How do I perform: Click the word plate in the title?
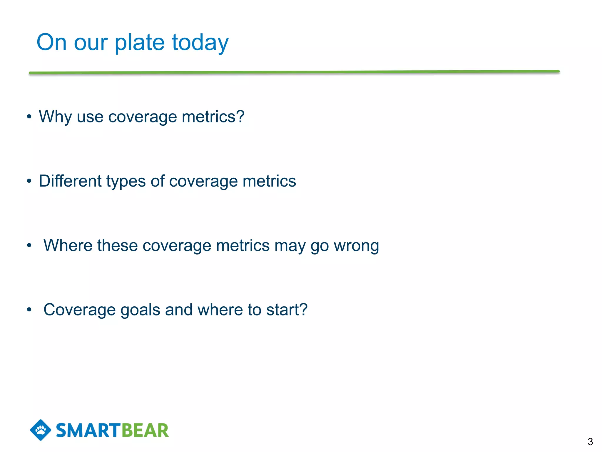[139, 43]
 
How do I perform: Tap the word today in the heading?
[200, 43]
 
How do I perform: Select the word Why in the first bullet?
[55, 117]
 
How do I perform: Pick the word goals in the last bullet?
[140, 310]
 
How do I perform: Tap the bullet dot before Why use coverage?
[29, 117]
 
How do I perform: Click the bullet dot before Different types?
[29, 181]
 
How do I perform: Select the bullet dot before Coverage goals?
[29, 310]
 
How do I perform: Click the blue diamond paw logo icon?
[41, 430]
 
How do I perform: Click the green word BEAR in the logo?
[145, 431]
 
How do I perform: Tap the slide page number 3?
[590, 442]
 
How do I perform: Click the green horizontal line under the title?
[294, 72]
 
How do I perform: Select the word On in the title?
[51, 42]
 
